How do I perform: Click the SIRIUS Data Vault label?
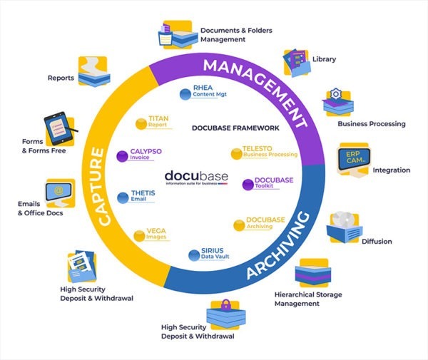click(x=207, y=255)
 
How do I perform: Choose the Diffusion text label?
click(x=377, y=242)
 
